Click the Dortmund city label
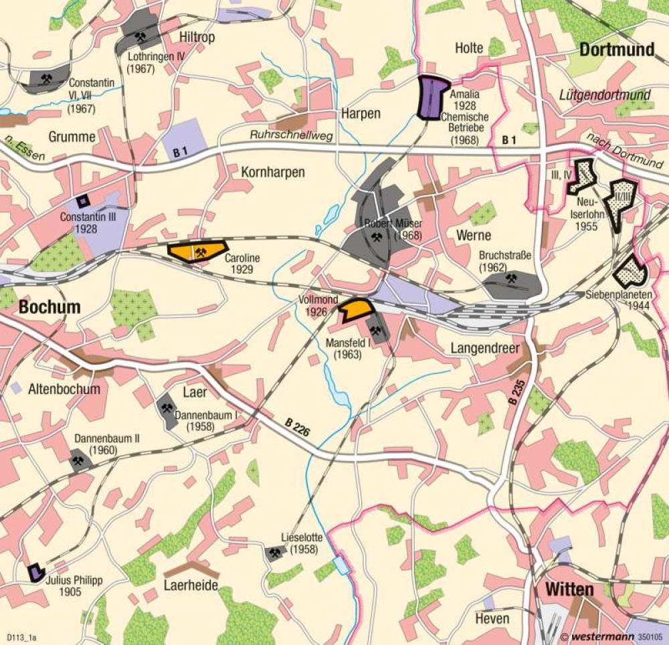tap(616, 50)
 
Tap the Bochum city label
tap(50, 307)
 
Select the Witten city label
tap(569, 589)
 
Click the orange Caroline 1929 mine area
tap(197, 251)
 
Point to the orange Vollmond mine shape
tap(355, 308)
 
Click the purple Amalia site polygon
tap(432, 98)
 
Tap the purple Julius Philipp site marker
tap(35, 573)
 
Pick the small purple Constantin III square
tap(82, 201)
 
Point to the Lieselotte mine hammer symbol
tap(274, 553)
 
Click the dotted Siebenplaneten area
tap(630, 271)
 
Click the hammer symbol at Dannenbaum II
tap(78, 460)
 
